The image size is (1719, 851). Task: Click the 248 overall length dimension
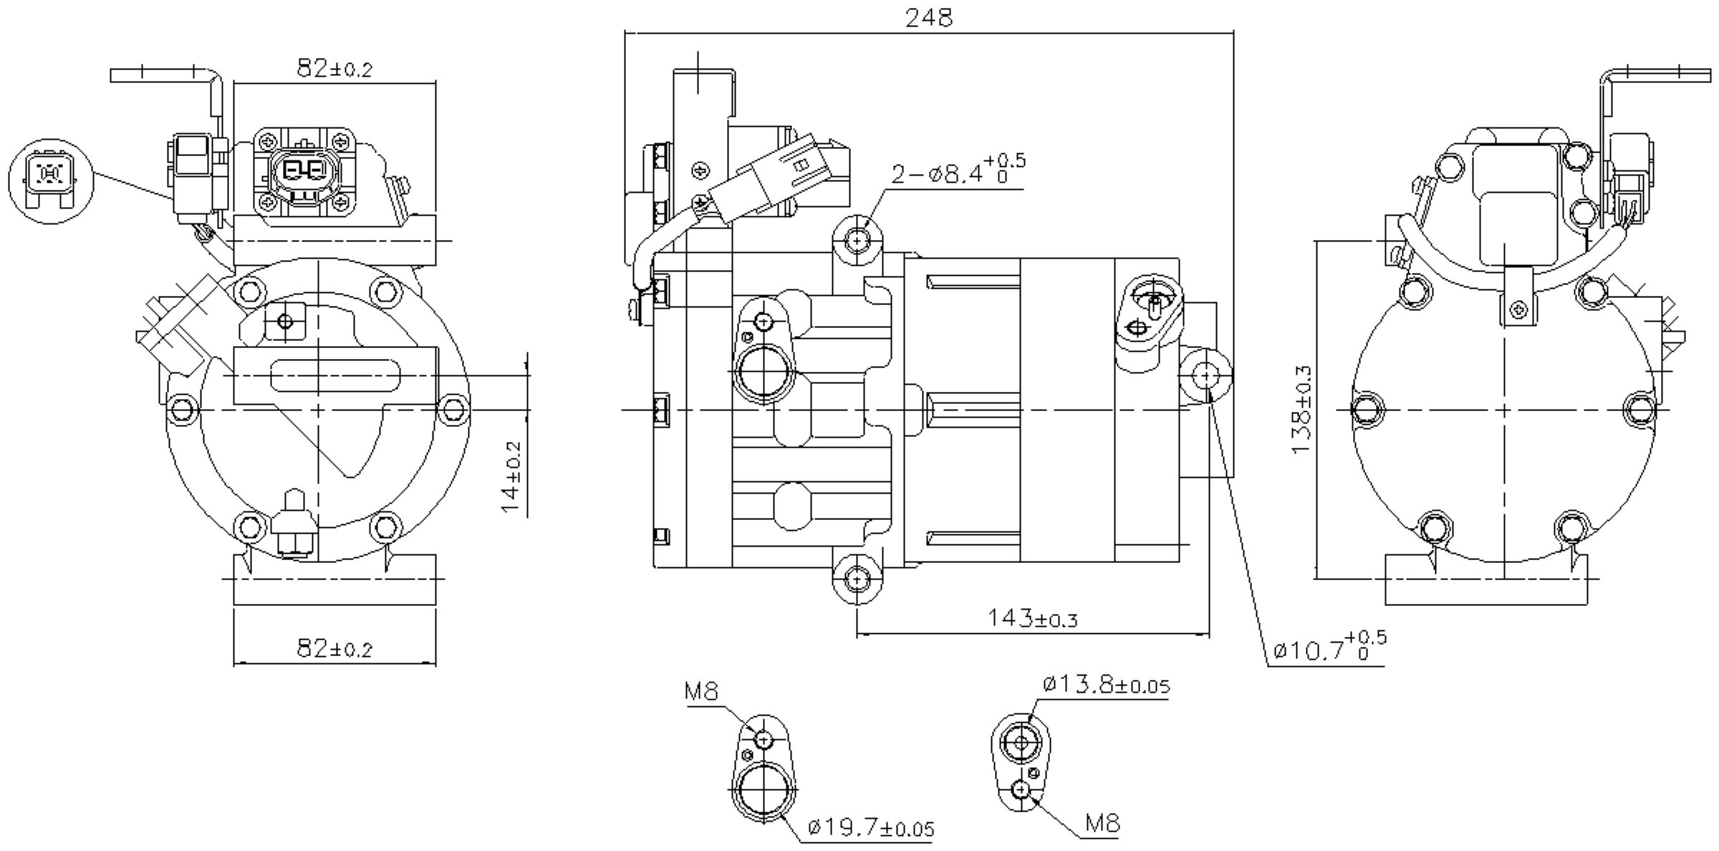(x=929, y=18)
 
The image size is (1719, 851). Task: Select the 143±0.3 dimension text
(x=1032, y=617)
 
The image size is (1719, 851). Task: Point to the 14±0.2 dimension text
(x=511, y=476)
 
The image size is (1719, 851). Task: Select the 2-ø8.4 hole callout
(x=958, y=172)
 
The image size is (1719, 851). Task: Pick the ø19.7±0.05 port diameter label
(x=871, y=829)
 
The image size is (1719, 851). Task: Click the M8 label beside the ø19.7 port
(x=701, y=691)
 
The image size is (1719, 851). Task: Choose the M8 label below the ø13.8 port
(x=1102, y=824)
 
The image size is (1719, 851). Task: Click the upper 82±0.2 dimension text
(x=334, y=69)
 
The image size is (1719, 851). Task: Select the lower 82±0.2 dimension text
(x=334, y=649)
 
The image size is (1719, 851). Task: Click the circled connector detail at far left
(x=50, y=181)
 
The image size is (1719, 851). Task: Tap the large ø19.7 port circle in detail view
(x=764, y=794)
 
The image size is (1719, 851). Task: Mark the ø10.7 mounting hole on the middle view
(x=1207, y=374)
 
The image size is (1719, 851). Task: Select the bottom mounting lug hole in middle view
(x=858, y=577)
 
